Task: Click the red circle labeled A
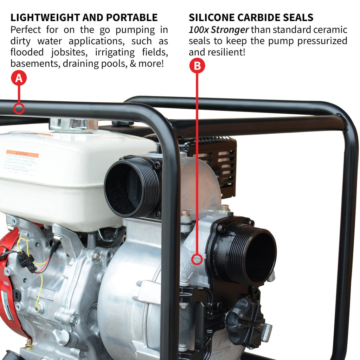tap(19, 78)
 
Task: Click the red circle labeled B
tap(197, 66)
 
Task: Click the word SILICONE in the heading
tap(212, 18)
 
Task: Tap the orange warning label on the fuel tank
tap(22, 154)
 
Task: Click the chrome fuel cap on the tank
tap(73, 124)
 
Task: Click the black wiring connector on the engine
tap(27, 262)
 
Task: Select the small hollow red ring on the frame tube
tap(19, 108)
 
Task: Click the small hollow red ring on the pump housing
tap(198, 259)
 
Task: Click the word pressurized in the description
tap(322, 41)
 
